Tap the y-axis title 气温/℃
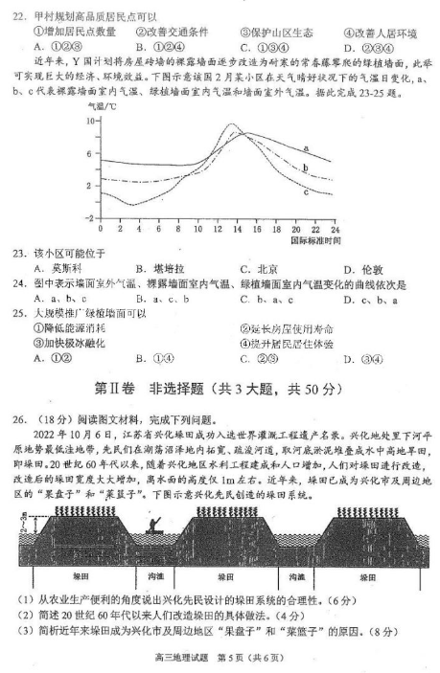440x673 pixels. (x=102, y=108)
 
